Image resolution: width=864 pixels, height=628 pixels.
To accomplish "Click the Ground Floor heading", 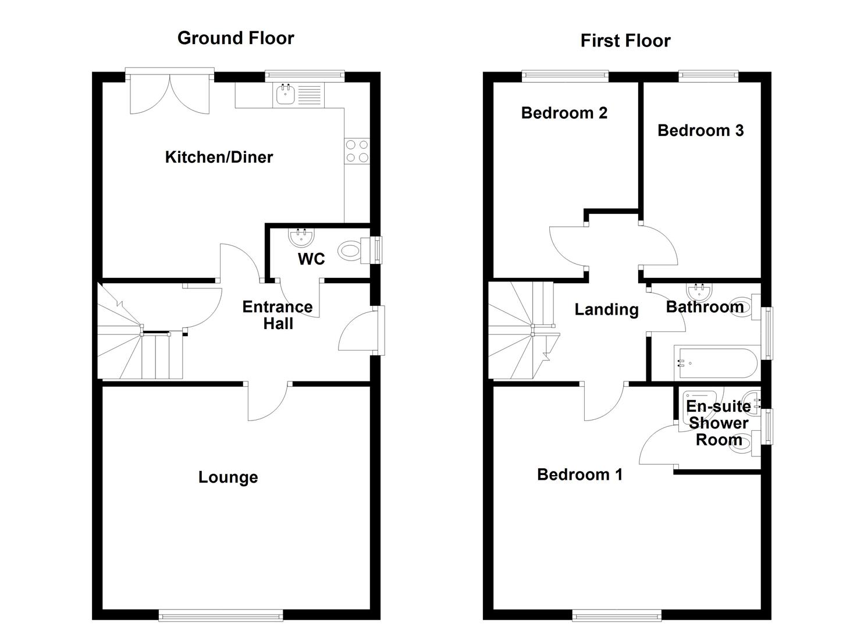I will point(236,38).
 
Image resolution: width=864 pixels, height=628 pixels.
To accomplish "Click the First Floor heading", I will point(625,41).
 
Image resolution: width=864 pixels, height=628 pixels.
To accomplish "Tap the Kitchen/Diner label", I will point(219,157).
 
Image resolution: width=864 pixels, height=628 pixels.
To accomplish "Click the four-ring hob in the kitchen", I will point(357,151).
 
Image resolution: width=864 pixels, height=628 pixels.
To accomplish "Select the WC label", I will point(311,259).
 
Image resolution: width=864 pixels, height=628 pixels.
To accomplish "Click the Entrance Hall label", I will point(278,315).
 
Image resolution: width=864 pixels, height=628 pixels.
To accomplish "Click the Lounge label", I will point(228,477).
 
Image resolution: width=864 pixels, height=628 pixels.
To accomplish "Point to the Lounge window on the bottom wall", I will point(221,615).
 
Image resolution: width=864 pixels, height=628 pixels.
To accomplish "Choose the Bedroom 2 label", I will point(564,113).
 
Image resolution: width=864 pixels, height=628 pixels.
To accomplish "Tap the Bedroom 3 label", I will point(701,131).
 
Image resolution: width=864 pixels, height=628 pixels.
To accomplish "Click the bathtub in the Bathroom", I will point(715,363).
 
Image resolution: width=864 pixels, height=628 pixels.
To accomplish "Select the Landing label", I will point(606,309).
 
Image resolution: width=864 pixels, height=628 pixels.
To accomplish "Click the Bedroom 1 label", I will point(579,474).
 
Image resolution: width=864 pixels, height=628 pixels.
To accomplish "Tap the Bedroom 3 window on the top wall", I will point(708,75).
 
